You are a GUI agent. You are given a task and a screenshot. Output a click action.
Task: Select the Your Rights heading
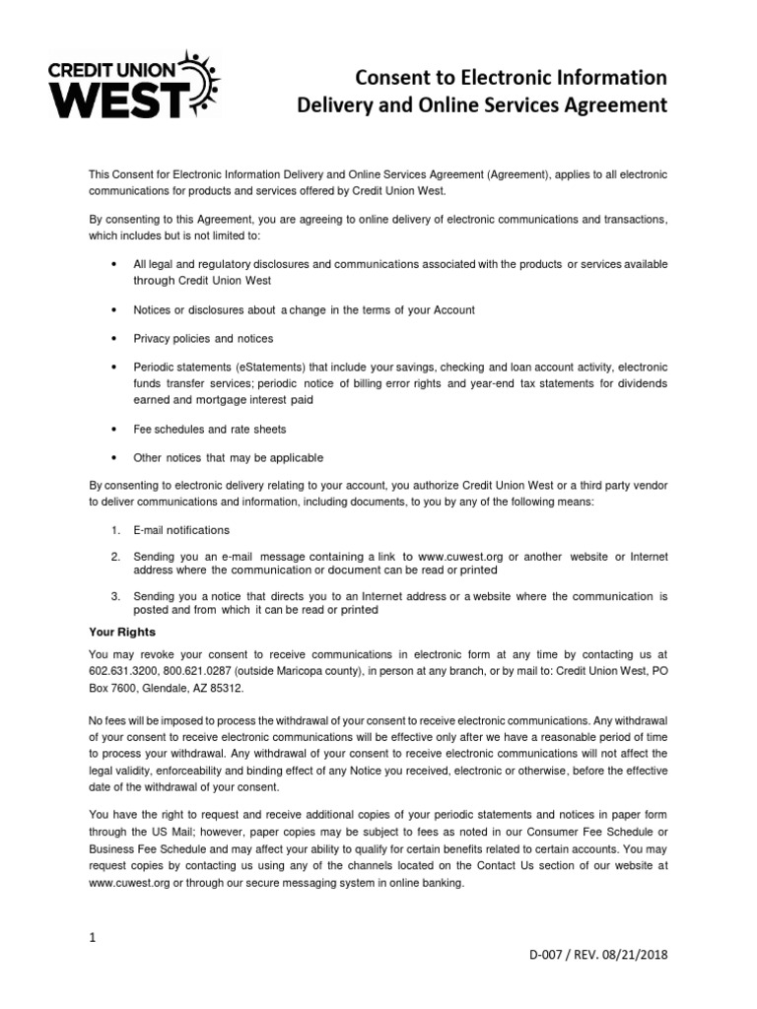[x=122, y=632]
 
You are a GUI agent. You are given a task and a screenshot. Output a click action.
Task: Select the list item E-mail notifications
[x=181, y=530]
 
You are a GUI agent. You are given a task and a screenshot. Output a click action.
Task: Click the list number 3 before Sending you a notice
[x=114, y=596]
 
